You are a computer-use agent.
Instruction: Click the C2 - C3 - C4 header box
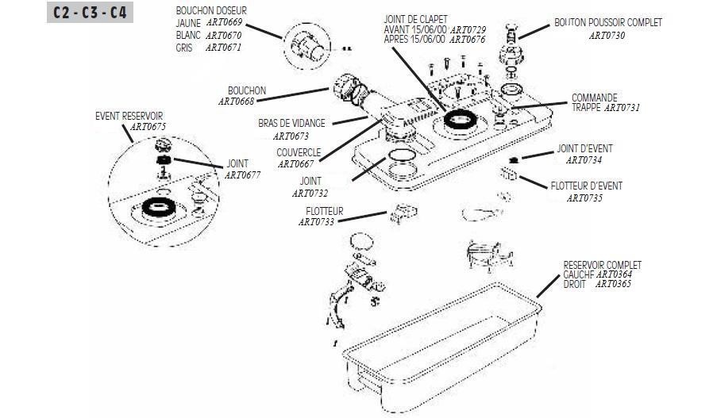90,13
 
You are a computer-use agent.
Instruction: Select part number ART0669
224,23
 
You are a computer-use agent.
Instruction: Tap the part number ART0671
224,48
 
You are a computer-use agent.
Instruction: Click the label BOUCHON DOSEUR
211,10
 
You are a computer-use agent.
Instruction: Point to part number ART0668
237,102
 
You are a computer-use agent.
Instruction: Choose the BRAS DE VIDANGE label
291,124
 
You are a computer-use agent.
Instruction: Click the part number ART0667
295,163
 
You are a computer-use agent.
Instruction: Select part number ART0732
310,193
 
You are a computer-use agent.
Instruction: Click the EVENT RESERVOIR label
129,116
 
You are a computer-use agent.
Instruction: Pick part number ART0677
243,174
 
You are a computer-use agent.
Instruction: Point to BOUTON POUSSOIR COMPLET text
608,23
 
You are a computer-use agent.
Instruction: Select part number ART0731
622,107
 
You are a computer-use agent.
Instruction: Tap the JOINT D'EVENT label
584,148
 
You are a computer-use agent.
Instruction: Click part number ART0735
584,198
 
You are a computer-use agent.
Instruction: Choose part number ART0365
614,283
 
